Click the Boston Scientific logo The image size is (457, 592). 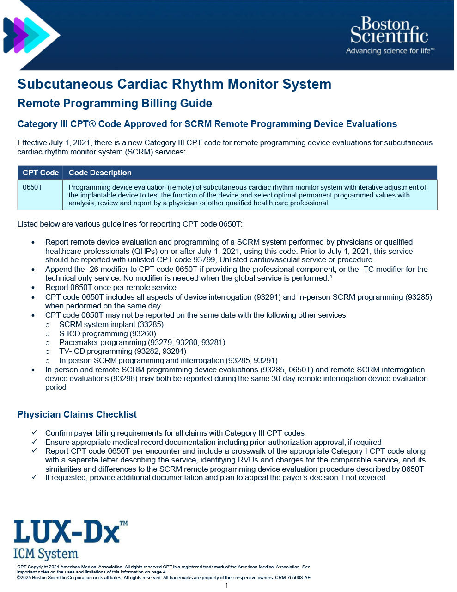coord(389,35)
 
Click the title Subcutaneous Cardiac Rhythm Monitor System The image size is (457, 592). coord(174,84)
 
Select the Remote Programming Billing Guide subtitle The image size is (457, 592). coord(115,104)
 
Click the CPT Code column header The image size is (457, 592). coord(41,173)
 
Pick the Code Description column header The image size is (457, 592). coord(100,173)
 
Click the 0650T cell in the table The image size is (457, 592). coord(32,187)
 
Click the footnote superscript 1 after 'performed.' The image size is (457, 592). coord(331,277)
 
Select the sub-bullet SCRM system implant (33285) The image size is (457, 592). coord(111,324)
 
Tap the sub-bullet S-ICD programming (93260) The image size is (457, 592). coord(107,333)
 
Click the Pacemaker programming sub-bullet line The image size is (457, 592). coord(142,342)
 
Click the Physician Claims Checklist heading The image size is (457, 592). coord(77,414)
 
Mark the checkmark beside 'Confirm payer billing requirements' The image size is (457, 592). coord(34,432)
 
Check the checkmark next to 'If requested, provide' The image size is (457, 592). coord(34,477)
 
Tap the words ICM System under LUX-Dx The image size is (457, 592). coord(46,554)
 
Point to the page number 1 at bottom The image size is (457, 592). coord(227,586)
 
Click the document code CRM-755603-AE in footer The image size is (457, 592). coord(292,577)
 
